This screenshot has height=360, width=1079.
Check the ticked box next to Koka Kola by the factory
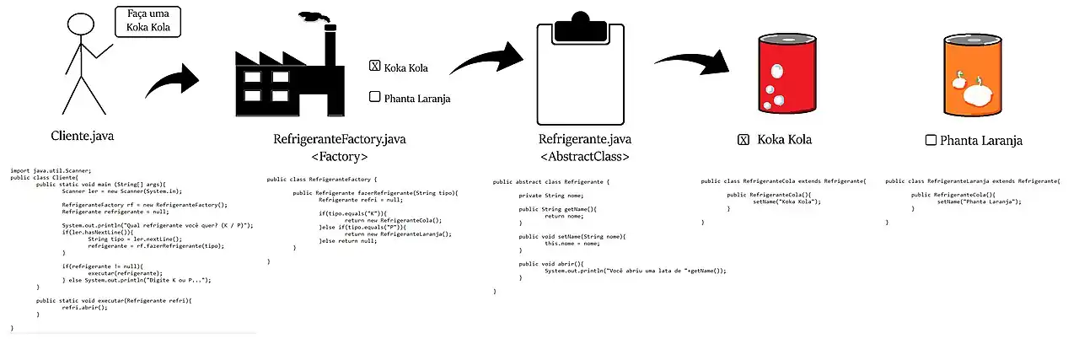tap(374, 67)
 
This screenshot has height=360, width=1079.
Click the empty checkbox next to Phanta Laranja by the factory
tap(374, 97)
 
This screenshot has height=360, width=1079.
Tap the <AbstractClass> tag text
tap(584, 156)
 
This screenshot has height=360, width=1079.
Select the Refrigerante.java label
tap(584, 139)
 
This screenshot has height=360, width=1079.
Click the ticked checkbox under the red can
tap(743, 140)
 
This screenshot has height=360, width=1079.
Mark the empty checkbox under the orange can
tap(931, 140)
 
